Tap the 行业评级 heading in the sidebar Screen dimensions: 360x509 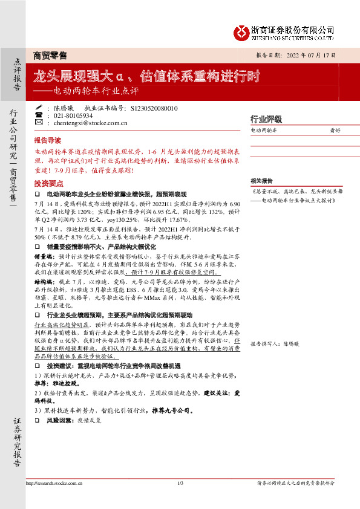click(266, 119)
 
